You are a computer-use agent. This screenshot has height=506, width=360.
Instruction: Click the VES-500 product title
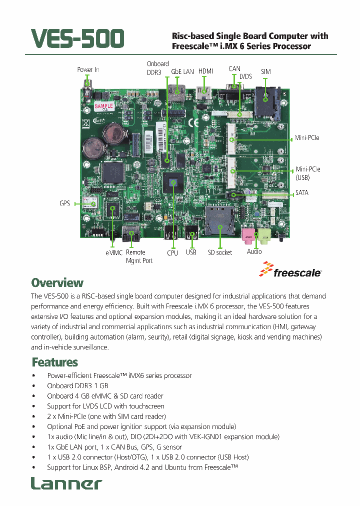coord(77,39)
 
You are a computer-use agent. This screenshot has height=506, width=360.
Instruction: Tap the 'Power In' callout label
coord(88,69)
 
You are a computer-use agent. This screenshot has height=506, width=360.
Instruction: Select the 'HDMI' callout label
coord(205,71)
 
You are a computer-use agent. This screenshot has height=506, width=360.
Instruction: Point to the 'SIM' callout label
coord(266,71)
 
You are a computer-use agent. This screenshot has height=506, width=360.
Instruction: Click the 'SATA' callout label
coord(302,192)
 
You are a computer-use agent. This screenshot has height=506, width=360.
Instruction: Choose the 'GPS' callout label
coord(64,203)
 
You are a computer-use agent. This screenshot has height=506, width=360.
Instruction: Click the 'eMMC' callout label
coord(114,252)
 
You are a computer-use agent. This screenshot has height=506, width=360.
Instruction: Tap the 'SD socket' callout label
coord(220,252)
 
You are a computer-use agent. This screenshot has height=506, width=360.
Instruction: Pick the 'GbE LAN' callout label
coord(182,71)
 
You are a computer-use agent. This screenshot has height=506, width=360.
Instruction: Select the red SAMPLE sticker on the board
coord(104,106)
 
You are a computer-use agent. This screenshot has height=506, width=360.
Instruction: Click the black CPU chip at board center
coord(173,182)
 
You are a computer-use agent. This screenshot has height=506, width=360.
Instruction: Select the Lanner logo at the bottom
coord(66,483)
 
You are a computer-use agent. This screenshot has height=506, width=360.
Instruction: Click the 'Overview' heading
coord(57,282)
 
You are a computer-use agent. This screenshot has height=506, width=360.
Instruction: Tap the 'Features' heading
coord(55,361)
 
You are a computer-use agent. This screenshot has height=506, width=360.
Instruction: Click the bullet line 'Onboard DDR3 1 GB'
coord(77,385)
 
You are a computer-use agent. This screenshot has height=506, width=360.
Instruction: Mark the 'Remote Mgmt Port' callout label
coord(139,256)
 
